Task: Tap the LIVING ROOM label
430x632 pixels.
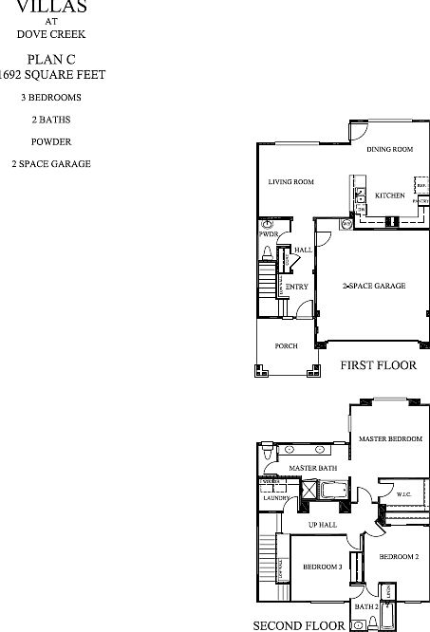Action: click(290, 181)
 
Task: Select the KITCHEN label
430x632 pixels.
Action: click(389, 196)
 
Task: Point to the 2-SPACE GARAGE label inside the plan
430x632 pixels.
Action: click(374, 286)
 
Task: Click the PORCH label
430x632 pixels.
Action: click(287, 346)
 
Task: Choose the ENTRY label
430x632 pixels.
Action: click(296, 287)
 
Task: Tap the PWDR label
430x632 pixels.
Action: click(268, 233)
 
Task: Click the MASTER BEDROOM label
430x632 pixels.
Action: click(389, 438)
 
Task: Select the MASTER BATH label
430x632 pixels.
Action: click(314, 469)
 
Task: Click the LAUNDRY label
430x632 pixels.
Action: click(276, 497)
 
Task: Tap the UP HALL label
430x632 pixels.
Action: click(323, 525)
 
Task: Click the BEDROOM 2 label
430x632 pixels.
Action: click(399, 556)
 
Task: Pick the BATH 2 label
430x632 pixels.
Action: click(366, 605)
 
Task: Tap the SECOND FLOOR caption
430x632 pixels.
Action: click(298, 625)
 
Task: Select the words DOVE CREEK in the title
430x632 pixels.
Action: click(51, 34)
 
